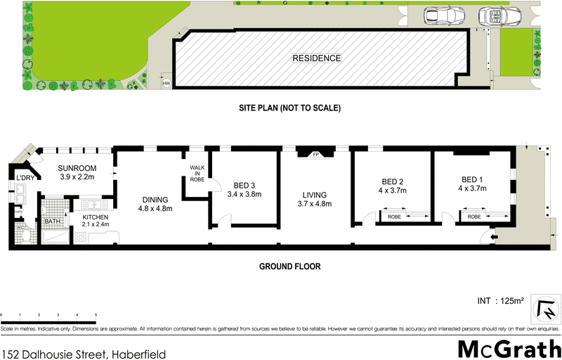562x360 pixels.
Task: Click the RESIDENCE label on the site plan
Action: click(x=317, y=58)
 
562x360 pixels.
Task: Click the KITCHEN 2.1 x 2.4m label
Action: click(x=95, y=221)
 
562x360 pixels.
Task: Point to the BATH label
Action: click(x=53, y=221)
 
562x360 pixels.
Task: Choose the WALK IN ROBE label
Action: click(x=196, y=173)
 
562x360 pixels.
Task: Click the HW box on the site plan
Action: click(x=166, y=84)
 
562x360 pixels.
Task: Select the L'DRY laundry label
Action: click(x=25, y=179)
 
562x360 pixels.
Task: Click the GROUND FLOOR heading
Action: click(x=289, y=266)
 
